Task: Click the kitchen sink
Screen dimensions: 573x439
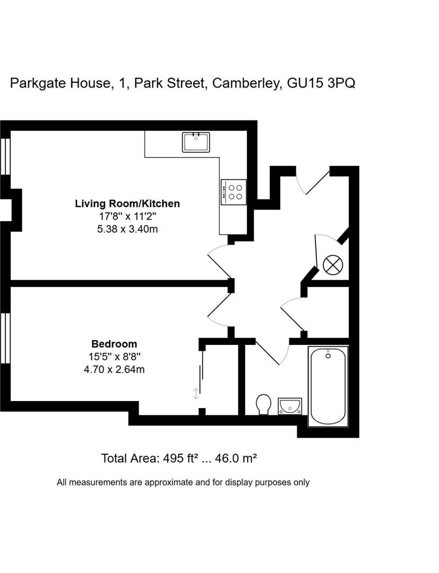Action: click(x=196, y=142)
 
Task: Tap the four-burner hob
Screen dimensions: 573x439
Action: click(x=234, y=192)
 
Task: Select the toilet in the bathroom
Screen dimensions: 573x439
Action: click(x=263, y=404)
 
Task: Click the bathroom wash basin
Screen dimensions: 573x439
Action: click(x=289, y=406)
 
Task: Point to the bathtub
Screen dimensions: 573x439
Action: click(x=328, y=386)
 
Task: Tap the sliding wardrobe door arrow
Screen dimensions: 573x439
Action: click(x=196, y=393)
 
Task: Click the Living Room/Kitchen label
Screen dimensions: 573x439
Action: click(x=127, y=204)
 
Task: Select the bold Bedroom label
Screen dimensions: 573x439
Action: click(x=114, y=344)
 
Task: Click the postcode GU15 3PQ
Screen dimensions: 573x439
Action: click(x=321, y=83)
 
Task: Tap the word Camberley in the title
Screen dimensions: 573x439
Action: click(x=246, y=83)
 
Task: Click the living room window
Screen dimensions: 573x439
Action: click(x=5, y=156)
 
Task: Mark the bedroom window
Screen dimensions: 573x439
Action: click(x=5, y=338)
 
